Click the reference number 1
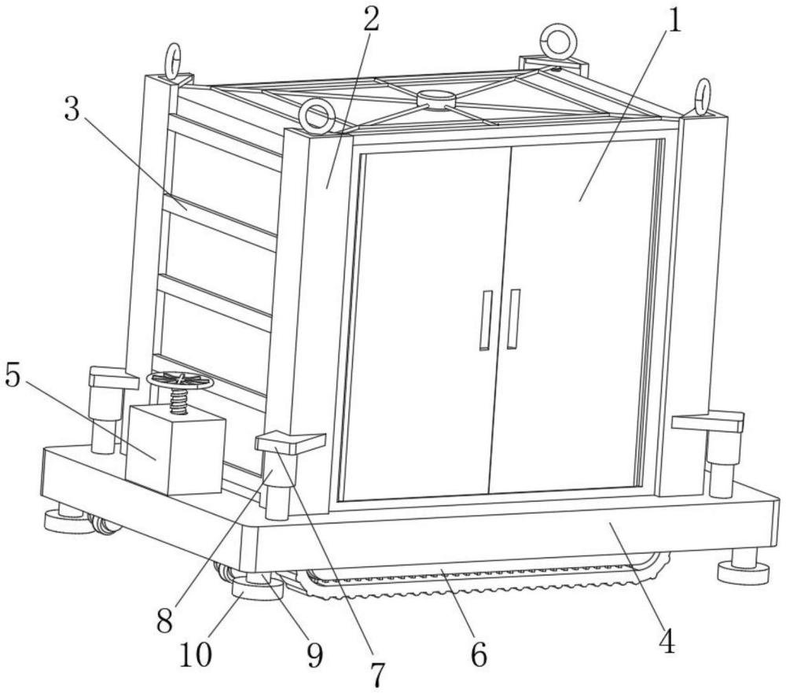(675, 21)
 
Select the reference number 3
(72, 109)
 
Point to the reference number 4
(667, 641)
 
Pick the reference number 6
(479, 654)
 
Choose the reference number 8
(164, 621)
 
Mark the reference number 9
(314, 655)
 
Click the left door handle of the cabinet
(485, 320)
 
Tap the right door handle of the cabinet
(512, 319)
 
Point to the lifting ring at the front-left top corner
(316, 116)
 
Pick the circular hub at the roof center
(434, 99)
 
